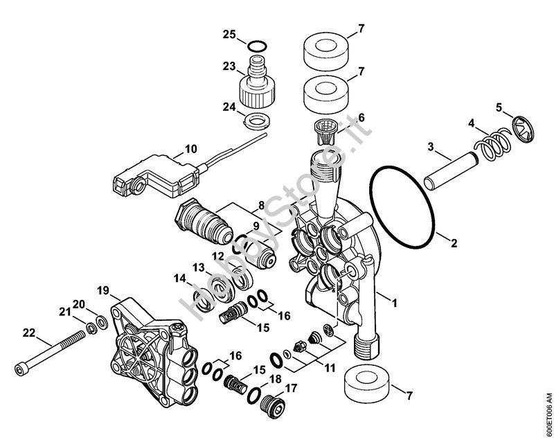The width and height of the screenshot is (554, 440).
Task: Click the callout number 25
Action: point(229,35)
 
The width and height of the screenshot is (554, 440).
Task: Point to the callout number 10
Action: point(191,149)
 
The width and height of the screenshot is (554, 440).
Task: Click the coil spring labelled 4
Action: point(492,143)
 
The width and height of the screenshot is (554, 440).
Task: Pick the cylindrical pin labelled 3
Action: point(452,170)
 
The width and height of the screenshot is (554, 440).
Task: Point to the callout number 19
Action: point(103,291)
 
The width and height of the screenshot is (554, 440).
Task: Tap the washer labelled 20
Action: point(102,322)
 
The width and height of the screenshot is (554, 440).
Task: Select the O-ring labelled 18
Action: point(255,395)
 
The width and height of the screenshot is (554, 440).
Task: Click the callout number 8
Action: point(262,205)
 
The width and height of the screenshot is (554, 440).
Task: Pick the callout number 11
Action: point(330,368)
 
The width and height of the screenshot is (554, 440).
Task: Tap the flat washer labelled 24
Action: point(257,121)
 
